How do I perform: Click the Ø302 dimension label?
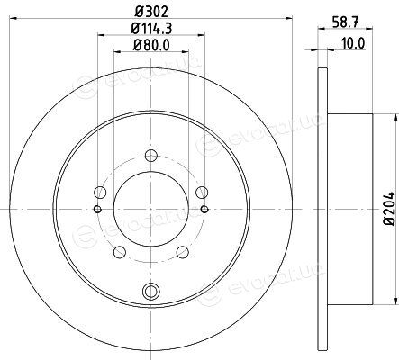click(150, 12)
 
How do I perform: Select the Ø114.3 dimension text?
click(151, 29)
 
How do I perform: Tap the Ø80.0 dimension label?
click(151, 45)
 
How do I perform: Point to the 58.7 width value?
click(345, 22)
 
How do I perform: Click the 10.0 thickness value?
click(353, 44)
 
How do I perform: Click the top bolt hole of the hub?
click(151, 156)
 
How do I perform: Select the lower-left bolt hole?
click(120, 252)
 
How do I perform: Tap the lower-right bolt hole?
click(183, 252)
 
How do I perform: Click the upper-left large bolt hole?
click(100, 192)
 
